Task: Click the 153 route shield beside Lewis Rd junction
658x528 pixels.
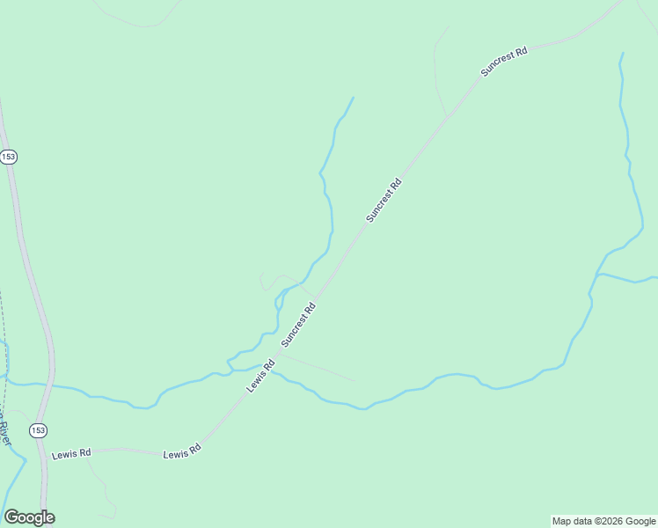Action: (x=37, y=430)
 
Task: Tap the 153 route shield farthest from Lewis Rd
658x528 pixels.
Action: (x=9, y=157)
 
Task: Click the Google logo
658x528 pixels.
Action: (x=29, y=517)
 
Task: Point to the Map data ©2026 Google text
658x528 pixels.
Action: (x=603, y=521)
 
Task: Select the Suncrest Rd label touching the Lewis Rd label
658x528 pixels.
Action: (x=297, y=325)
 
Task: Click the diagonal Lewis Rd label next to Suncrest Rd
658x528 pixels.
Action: (x=261, y=375)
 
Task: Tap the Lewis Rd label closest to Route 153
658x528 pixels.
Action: (x=71, y=454)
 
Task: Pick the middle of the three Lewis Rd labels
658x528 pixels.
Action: (x=182, y=452)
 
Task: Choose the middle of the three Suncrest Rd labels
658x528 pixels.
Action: (x=384, y=200)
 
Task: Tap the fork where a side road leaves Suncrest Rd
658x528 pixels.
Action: (x=448, y=115)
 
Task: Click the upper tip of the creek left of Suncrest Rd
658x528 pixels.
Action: (x=353, y=98)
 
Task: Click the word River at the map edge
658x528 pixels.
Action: (x=4, y=432)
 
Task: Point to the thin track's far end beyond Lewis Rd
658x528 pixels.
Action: (x=355, y=381)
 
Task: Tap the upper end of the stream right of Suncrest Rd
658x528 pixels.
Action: (x=622, y=54)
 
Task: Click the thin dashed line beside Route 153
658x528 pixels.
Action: (x=3, y=334)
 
